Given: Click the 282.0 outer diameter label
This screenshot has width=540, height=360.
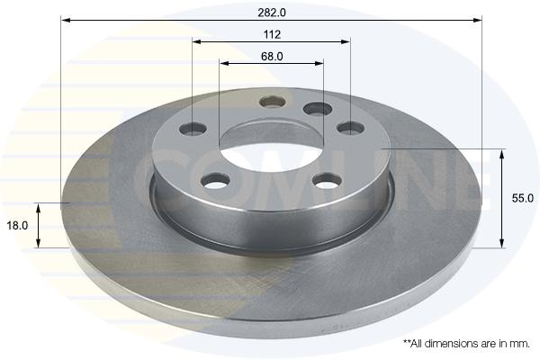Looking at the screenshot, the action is pos(272,13).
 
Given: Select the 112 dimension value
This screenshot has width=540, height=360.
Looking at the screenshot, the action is pos(272,34).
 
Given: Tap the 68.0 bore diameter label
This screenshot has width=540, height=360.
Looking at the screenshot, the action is pos(272,56).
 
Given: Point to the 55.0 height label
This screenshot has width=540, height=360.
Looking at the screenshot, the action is pos(522,198).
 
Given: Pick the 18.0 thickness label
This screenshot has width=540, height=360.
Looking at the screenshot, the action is pos(17,226).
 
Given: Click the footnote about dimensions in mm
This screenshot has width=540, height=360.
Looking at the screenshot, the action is pos(466,344).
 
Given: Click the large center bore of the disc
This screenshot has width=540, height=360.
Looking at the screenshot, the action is pos(272,150).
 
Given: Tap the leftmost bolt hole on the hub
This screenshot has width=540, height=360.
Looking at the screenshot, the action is pos(193,129).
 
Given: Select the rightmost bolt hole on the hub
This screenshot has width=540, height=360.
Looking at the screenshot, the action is pos(351,128).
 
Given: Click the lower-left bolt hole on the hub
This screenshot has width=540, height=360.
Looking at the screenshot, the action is pos(215,181).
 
